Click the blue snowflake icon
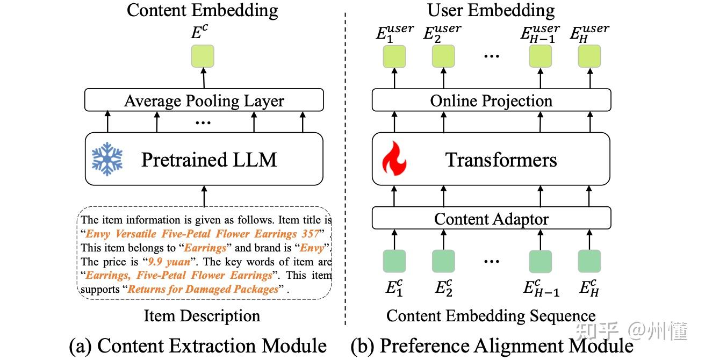tap(107, 159)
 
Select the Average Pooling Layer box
tap(204, 100)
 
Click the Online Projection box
tap(491, 100)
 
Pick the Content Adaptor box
tap(491, 219)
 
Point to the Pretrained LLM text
tap(208, 160)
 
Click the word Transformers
tap(501, 160)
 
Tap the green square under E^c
tap(203, 56)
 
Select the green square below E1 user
tap(394, 56)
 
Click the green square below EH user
tap(589, 56)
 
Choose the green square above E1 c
tap(394, 261)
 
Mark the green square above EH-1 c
tap(540, 262)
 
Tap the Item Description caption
tap(202, 316)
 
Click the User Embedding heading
tap(491, 10)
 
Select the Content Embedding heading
tap(202, 10)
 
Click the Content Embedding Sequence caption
tap(491, 316)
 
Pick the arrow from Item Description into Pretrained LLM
tap(204, 196)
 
